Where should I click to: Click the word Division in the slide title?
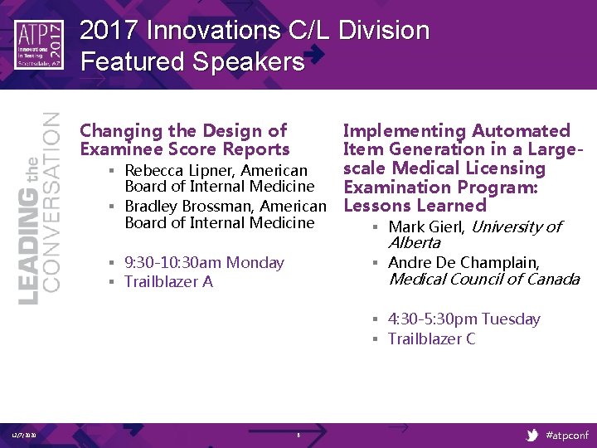[384, 31]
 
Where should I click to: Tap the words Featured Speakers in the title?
[192, 61]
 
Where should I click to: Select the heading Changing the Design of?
[182, 130]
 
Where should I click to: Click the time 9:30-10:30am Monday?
[204, 262]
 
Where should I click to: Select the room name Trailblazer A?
[168, 281]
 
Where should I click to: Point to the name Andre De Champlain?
[464, 262]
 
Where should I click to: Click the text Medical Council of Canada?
[483, 279]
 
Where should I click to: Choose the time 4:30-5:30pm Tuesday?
[464, 319]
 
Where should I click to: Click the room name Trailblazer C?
[431, 338]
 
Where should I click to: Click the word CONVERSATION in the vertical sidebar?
[51, 201]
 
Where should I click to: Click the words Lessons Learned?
[415, 205]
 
